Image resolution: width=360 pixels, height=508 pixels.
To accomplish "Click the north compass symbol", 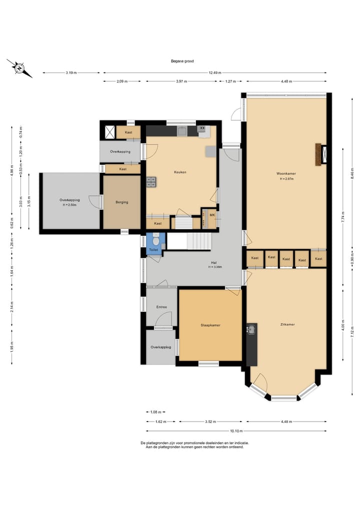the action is pos(19,68).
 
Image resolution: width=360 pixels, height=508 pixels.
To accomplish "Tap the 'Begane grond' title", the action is pos(182,61).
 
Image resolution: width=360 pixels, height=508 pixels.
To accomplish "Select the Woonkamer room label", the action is pos(286,173).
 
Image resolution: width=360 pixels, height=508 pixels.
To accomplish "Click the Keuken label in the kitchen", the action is pos(180,172).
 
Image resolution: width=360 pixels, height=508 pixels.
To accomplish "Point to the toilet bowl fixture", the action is pos(155,240).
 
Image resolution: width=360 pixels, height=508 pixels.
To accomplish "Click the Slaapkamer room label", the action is pos(210,325).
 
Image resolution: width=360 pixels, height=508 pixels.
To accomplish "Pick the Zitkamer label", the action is pos(287,324).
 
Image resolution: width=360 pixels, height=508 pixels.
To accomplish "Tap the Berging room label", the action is pos(122,202).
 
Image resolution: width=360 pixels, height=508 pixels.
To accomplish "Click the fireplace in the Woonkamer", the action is pos(318,154).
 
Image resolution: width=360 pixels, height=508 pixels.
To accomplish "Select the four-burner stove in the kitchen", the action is pos(151,182).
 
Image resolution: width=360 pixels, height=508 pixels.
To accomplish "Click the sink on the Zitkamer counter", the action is pos(251,330).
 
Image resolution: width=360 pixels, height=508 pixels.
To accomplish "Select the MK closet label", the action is pos(212,215).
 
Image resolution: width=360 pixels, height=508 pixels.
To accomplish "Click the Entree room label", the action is pos(161,307).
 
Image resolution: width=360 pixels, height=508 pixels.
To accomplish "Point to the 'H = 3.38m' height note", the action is pos(215,267).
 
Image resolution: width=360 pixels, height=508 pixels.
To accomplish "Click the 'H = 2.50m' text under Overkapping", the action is pos(69,205).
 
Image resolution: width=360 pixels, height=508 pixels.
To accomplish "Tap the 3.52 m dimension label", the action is pos(210,422).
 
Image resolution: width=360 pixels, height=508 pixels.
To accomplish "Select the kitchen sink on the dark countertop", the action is pos(181,131).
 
